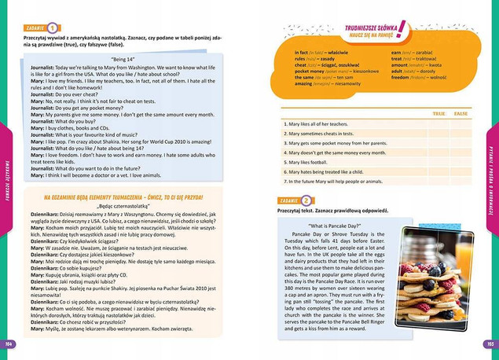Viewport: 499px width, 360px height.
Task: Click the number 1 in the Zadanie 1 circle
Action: (52, 27)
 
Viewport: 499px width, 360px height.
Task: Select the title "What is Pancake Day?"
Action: (339, 226)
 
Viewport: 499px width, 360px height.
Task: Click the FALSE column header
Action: (461, 114)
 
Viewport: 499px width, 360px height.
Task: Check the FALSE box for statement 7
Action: (461, 182)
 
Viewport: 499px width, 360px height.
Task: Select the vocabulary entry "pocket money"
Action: (298, 72)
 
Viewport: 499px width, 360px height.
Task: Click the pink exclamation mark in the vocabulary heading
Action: (402, 31)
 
